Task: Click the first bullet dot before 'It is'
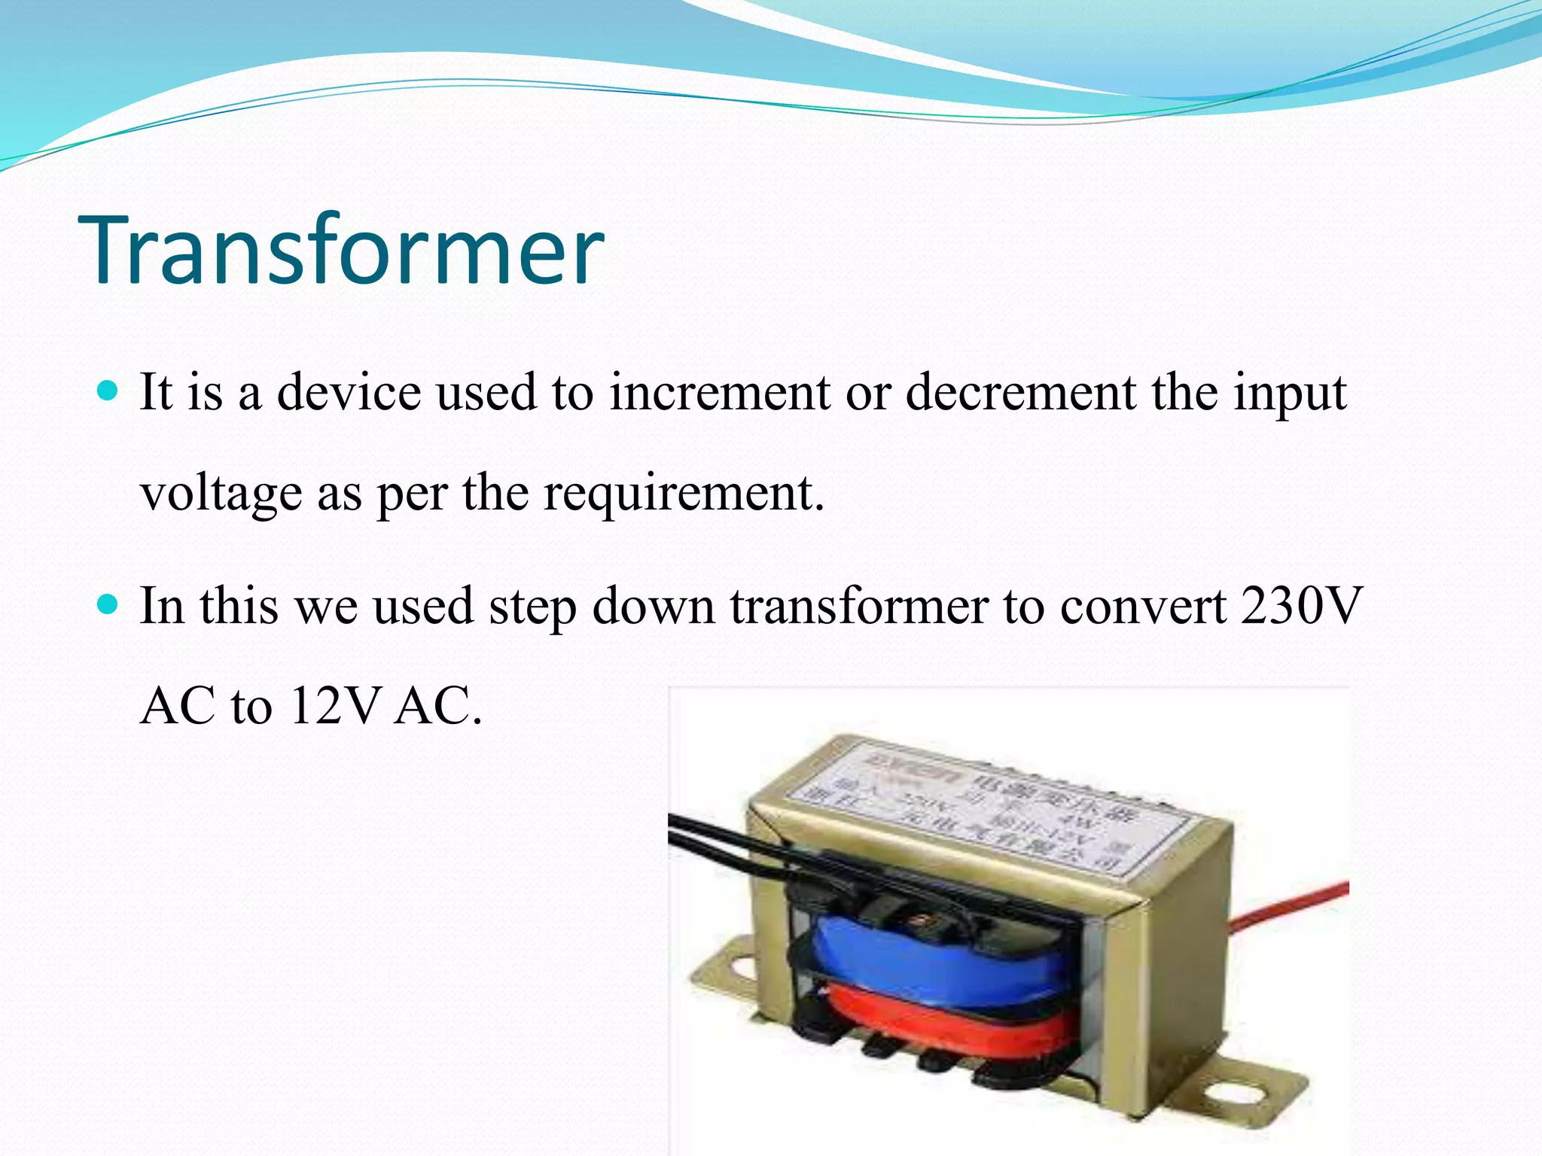[109, 391]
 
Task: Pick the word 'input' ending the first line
[1289, 393]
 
